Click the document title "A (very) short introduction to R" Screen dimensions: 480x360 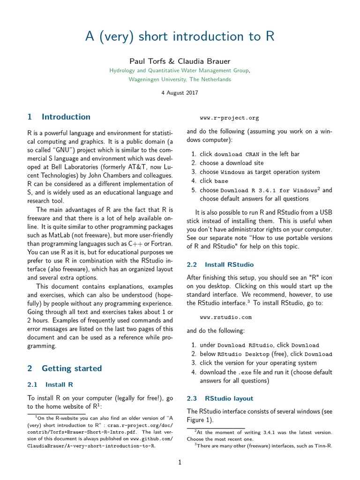click(180, 37)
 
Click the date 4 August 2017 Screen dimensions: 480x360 click(180, 92)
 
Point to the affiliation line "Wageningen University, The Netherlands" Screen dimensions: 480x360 click(180, 79)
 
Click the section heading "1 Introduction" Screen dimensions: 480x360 click(59, 117)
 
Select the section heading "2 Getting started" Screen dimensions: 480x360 click(65, 368)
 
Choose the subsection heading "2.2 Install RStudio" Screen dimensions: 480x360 click(220, 264)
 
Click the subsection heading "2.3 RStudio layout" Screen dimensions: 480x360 click(220, 398)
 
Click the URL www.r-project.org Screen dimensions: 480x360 click(229, 118)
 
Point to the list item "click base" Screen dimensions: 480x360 click(214, 181)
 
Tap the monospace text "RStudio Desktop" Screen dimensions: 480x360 click(243, 354)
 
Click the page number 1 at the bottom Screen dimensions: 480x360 click(180, 463)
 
